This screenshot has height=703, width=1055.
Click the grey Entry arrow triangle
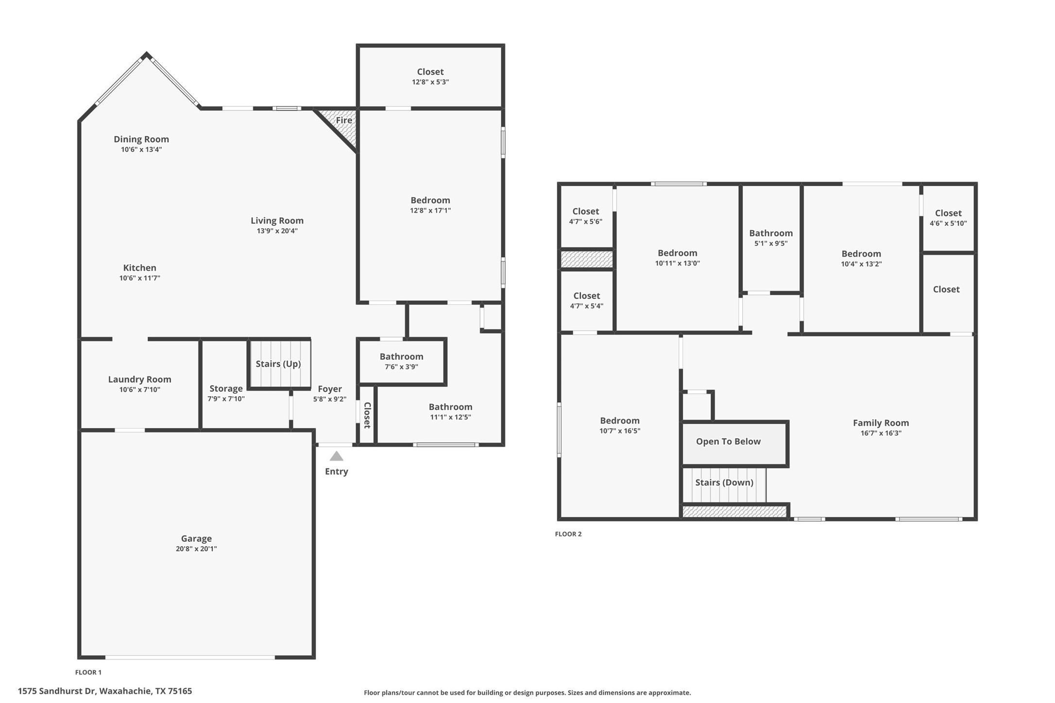[x=337, y=456]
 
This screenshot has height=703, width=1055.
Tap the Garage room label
[x=196, y=538]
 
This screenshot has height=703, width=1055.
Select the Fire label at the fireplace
[x=344, y=120]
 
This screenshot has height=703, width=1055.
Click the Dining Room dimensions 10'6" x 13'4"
[x=141, y=150]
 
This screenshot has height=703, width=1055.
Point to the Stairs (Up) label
[x=278, y=364]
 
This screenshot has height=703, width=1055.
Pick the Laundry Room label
[x=140, y=380]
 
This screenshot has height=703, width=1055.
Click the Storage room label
[x=226, y=388]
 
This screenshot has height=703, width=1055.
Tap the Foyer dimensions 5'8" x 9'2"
[x=330, y=400]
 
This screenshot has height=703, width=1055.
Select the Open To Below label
[x=728, y=441]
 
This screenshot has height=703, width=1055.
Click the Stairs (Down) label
[x=724, y=483]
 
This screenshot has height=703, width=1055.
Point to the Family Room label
[x=881, y=423]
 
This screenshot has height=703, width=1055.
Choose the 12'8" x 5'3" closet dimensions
[x=430, y=82]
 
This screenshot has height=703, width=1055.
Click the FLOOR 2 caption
[x=568, y=534]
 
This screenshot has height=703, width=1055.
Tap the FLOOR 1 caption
[x=88, y=672]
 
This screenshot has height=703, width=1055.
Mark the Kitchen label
[x=140, y=268]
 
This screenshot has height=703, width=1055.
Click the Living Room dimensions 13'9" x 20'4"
[x=277, y=231]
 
